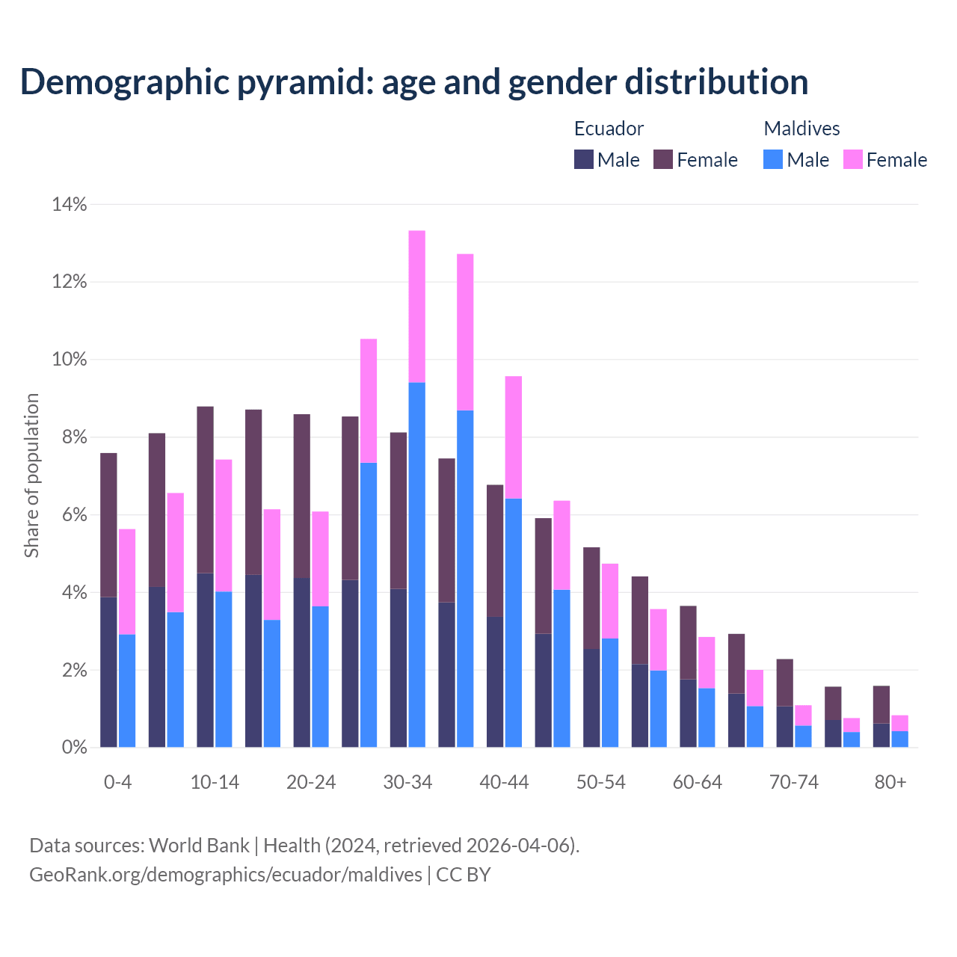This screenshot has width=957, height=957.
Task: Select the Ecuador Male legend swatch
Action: tap(583, 159)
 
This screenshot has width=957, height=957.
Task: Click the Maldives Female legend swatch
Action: tap(852, 159)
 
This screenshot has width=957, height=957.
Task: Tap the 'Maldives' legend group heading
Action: tap(801, 129)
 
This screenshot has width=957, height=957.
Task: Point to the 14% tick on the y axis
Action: tap(70, 204)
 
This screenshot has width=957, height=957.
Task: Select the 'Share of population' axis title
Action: tap(31, 476)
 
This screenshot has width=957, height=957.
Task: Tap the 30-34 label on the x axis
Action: tap(407, 782)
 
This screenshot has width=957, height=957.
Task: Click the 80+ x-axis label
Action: tap(890, 782)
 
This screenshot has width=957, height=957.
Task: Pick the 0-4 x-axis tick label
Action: tap(118, 782)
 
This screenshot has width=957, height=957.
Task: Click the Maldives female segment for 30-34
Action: tap(416, 307)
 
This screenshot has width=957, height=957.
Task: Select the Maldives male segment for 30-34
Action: tap(416, 564)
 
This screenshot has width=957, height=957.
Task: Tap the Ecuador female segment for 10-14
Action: tap(205, 490)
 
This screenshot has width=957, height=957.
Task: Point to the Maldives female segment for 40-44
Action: tap(514, 437)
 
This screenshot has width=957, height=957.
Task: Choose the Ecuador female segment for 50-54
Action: tap(591, 598)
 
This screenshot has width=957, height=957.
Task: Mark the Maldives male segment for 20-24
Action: tap(320, 677)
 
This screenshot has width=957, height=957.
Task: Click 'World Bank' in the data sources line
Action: tap(199, 846)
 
